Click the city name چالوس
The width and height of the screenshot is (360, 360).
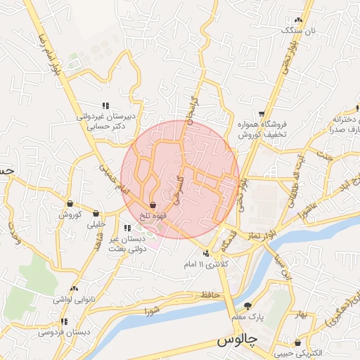click(235, 341)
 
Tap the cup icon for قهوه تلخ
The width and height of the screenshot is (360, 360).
click(153, 205)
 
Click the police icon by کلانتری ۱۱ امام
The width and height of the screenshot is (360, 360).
click(206, 252)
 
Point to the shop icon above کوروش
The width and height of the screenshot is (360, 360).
click(70, 204)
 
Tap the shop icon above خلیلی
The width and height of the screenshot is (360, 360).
click(96, 214)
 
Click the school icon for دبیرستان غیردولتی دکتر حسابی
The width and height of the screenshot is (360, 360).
click(105, 105)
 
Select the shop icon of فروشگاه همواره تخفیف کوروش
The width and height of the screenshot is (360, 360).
click(262, 112)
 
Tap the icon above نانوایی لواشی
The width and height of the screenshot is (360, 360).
click(75, 288)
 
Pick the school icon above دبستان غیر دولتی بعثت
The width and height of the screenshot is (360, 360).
click(127, 228)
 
